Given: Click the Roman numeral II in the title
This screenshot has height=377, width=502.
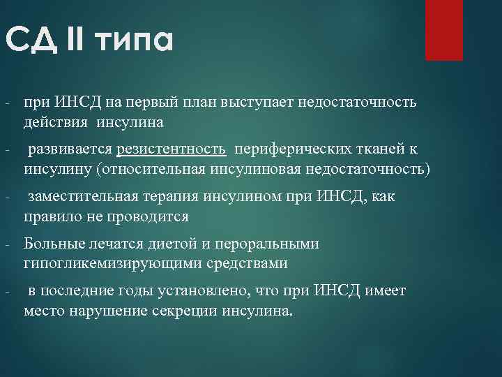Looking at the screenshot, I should click(x=74, y=41).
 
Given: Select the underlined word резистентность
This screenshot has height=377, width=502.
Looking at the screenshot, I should click(x=172, y=149).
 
